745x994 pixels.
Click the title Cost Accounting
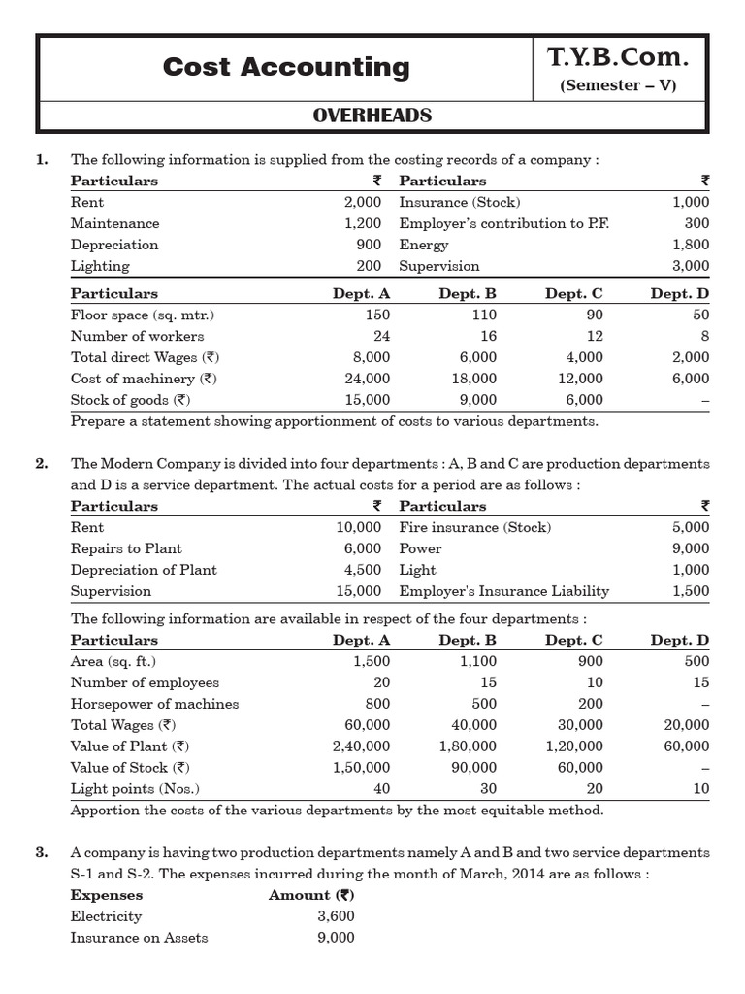click(286, 67)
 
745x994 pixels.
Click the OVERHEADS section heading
click(372, 116)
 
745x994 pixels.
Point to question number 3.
click(42, 852)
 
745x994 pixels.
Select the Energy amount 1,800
click(691, 245)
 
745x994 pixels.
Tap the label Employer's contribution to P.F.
click(504, 223)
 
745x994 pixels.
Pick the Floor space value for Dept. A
click(377, 315)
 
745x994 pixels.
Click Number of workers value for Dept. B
click(486, 336)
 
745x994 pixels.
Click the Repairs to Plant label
click(126, 548)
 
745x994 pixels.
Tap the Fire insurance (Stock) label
click(474, 527)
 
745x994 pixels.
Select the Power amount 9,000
click(691, 548)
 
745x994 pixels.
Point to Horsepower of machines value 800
click(377, 704)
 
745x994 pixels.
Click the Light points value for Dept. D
click(700, 789)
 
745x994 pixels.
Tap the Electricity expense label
click(106, 916)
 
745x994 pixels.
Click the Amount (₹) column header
click(310, 895)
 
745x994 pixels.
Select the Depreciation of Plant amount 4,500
click(363, 570)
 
